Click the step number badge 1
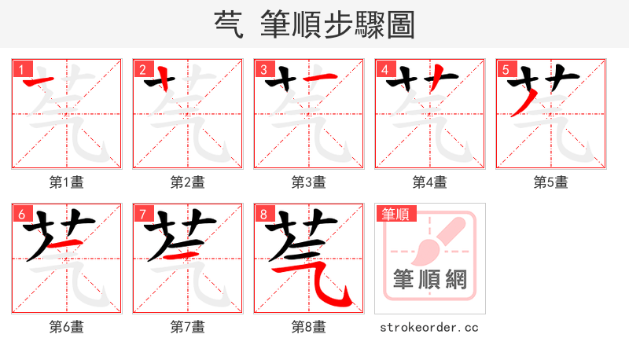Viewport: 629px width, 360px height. (x=21, y=69)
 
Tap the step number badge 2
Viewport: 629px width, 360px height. (x=142, y=69)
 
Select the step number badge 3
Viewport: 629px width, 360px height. (x=263, y=69)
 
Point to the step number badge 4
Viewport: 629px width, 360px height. (x=384, y=69)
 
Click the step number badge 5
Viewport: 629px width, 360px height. (x=506, y=69)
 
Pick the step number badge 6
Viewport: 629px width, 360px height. (x=21, y=214)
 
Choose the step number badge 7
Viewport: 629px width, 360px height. (x=142, y=214)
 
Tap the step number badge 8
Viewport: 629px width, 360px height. (x=263, y=214)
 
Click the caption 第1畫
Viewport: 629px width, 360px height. (x=67, y=182)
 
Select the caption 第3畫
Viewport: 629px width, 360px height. (x=309, y=182)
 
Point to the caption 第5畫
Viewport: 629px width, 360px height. (x=551, y=182)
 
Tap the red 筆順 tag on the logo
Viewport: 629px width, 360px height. (x=397, y=213)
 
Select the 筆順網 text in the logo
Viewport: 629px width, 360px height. (x=429, y=280)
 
